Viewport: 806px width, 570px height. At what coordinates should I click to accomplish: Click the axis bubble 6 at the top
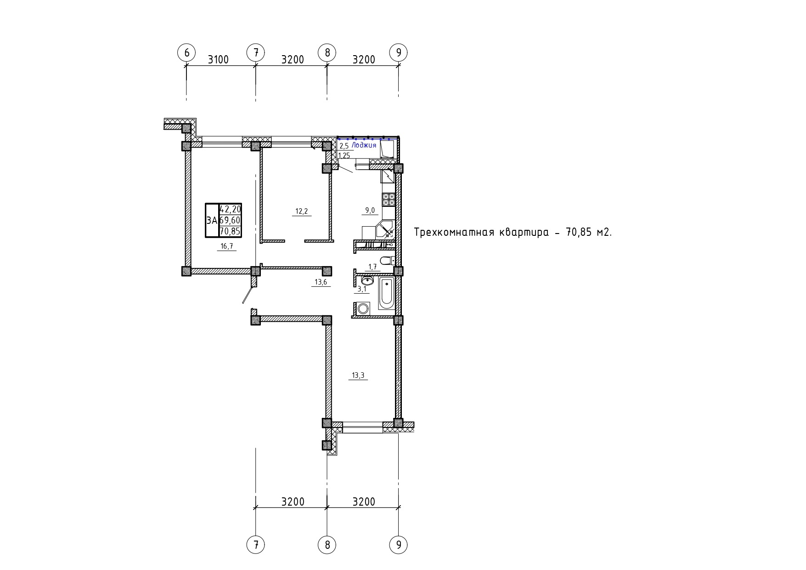pyautogui.click(x=186, y=52)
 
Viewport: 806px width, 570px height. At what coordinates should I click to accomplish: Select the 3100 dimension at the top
pyautogui.click(x=218, y=60)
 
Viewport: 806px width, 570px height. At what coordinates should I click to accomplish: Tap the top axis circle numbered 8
pyautogui.click(x=327, y=52)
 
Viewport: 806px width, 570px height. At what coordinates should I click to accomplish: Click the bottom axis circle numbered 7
pyautogui.click(x=256, y=545)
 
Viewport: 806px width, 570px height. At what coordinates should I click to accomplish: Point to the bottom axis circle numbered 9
pyautogui.click(x=398, y=545)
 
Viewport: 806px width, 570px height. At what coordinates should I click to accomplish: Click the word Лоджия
pyautogui.click(x=364, y=145)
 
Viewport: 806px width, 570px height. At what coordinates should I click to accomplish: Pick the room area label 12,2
pyautogui.click(x=301, y=211)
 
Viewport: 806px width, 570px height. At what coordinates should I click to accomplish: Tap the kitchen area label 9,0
pyautogui.click(x=370, y=211)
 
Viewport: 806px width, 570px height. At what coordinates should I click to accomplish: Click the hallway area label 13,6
pyautogui.click(x=321, y=282)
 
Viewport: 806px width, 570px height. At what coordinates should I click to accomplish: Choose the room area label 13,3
pyautogui.click(x=358, y=375)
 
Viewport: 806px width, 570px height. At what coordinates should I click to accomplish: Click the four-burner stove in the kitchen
pyautogui.click(x=389, y=199)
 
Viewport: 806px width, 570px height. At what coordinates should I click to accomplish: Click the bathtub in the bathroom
pyautogui.click(x=386, y=293)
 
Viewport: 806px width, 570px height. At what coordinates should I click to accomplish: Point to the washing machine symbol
pyautogui.click(x=363, y=308)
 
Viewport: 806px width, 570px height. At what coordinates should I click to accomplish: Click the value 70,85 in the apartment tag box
pyautogui.click(x=231, y=231)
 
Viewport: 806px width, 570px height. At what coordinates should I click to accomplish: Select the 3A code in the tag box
pyautogui.click(x=212, y=221)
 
